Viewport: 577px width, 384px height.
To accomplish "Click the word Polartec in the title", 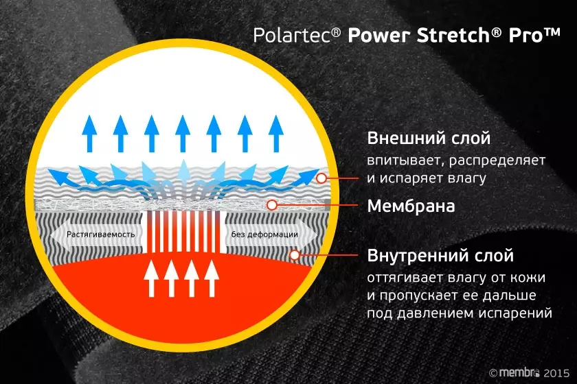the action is pyautogui.click(x=293, y=35).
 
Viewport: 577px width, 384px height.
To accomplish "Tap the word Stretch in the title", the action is pyautogui.click(x=453, y=35).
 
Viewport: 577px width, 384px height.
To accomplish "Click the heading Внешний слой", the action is pyautogui.click(x=429, y=139).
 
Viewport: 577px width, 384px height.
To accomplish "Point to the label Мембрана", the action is pyautogui.click(x=411, y=206).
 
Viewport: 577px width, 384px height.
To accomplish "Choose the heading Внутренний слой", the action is pyautogui.click(x=440, y=256).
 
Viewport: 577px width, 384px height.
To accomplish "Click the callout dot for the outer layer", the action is pyautogui.click(x=321, y=178).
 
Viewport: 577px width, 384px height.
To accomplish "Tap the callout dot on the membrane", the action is pyautogui.click(x=272, y=205).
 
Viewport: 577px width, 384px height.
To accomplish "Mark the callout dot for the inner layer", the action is pyautogui.click(x=295, y=254).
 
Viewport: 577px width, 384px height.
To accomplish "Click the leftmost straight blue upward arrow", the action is pyautogui.click(x=89, y=134).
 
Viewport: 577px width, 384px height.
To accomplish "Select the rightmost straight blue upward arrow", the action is pyautogui.click(x=276, y=134).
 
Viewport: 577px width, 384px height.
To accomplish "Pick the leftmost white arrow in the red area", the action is pyautogui.click(x=151, y=278).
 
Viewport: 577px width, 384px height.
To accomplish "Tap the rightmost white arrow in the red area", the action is pyautogui.click(x=212, y=278).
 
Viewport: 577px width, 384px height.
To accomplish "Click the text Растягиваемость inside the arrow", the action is pyautogui.click(x=100, y=235).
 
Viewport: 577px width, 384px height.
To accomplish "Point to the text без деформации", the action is pyautogui.click(x=264, y=235).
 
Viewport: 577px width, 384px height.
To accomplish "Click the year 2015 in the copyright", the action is pyautogui.click(x=556, y=373).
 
